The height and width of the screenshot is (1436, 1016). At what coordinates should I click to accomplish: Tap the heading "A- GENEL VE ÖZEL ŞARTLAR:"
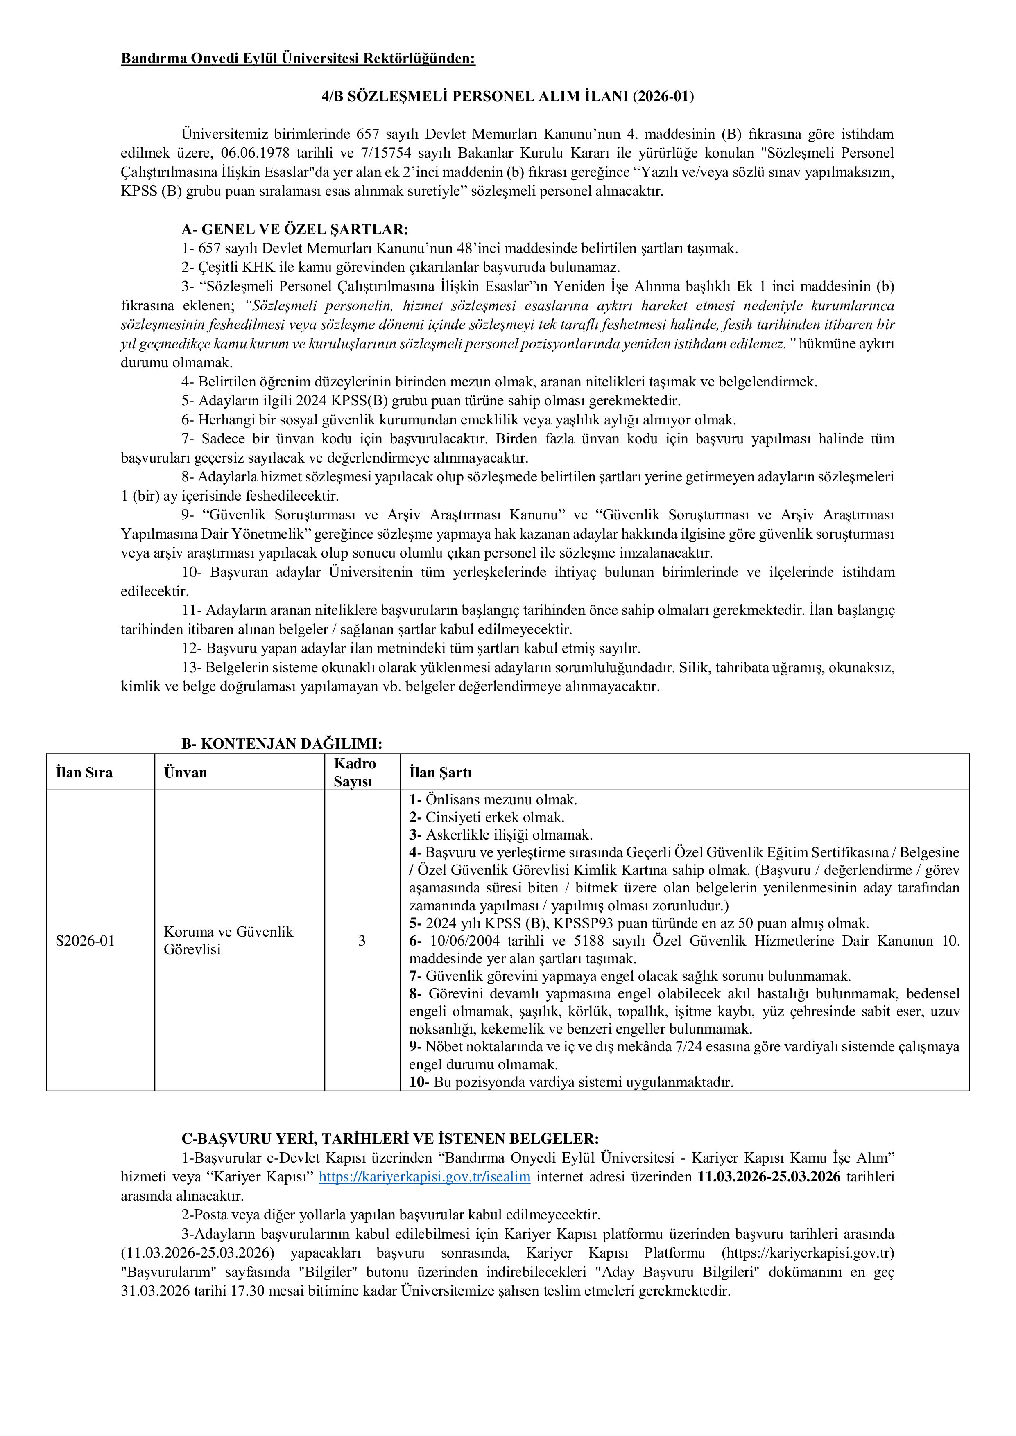coord(295,230)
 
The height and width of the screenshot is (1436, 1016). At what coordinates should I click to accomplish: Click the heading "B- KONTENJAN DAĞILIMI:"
coord(281,744)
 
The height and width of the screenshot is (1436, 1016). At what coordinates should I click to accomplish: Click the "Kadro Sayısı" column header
coord(355,772)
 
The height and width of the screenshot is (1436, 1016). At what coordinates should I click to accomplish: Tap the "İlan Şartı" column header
coord(441,773)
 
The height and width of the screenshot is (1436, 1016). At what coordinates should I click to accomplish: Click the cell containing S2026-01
coord(85,941)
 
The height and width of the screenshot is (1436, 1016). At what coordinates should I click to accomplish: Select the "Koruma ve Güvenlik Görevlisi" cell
coord(229,941)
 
